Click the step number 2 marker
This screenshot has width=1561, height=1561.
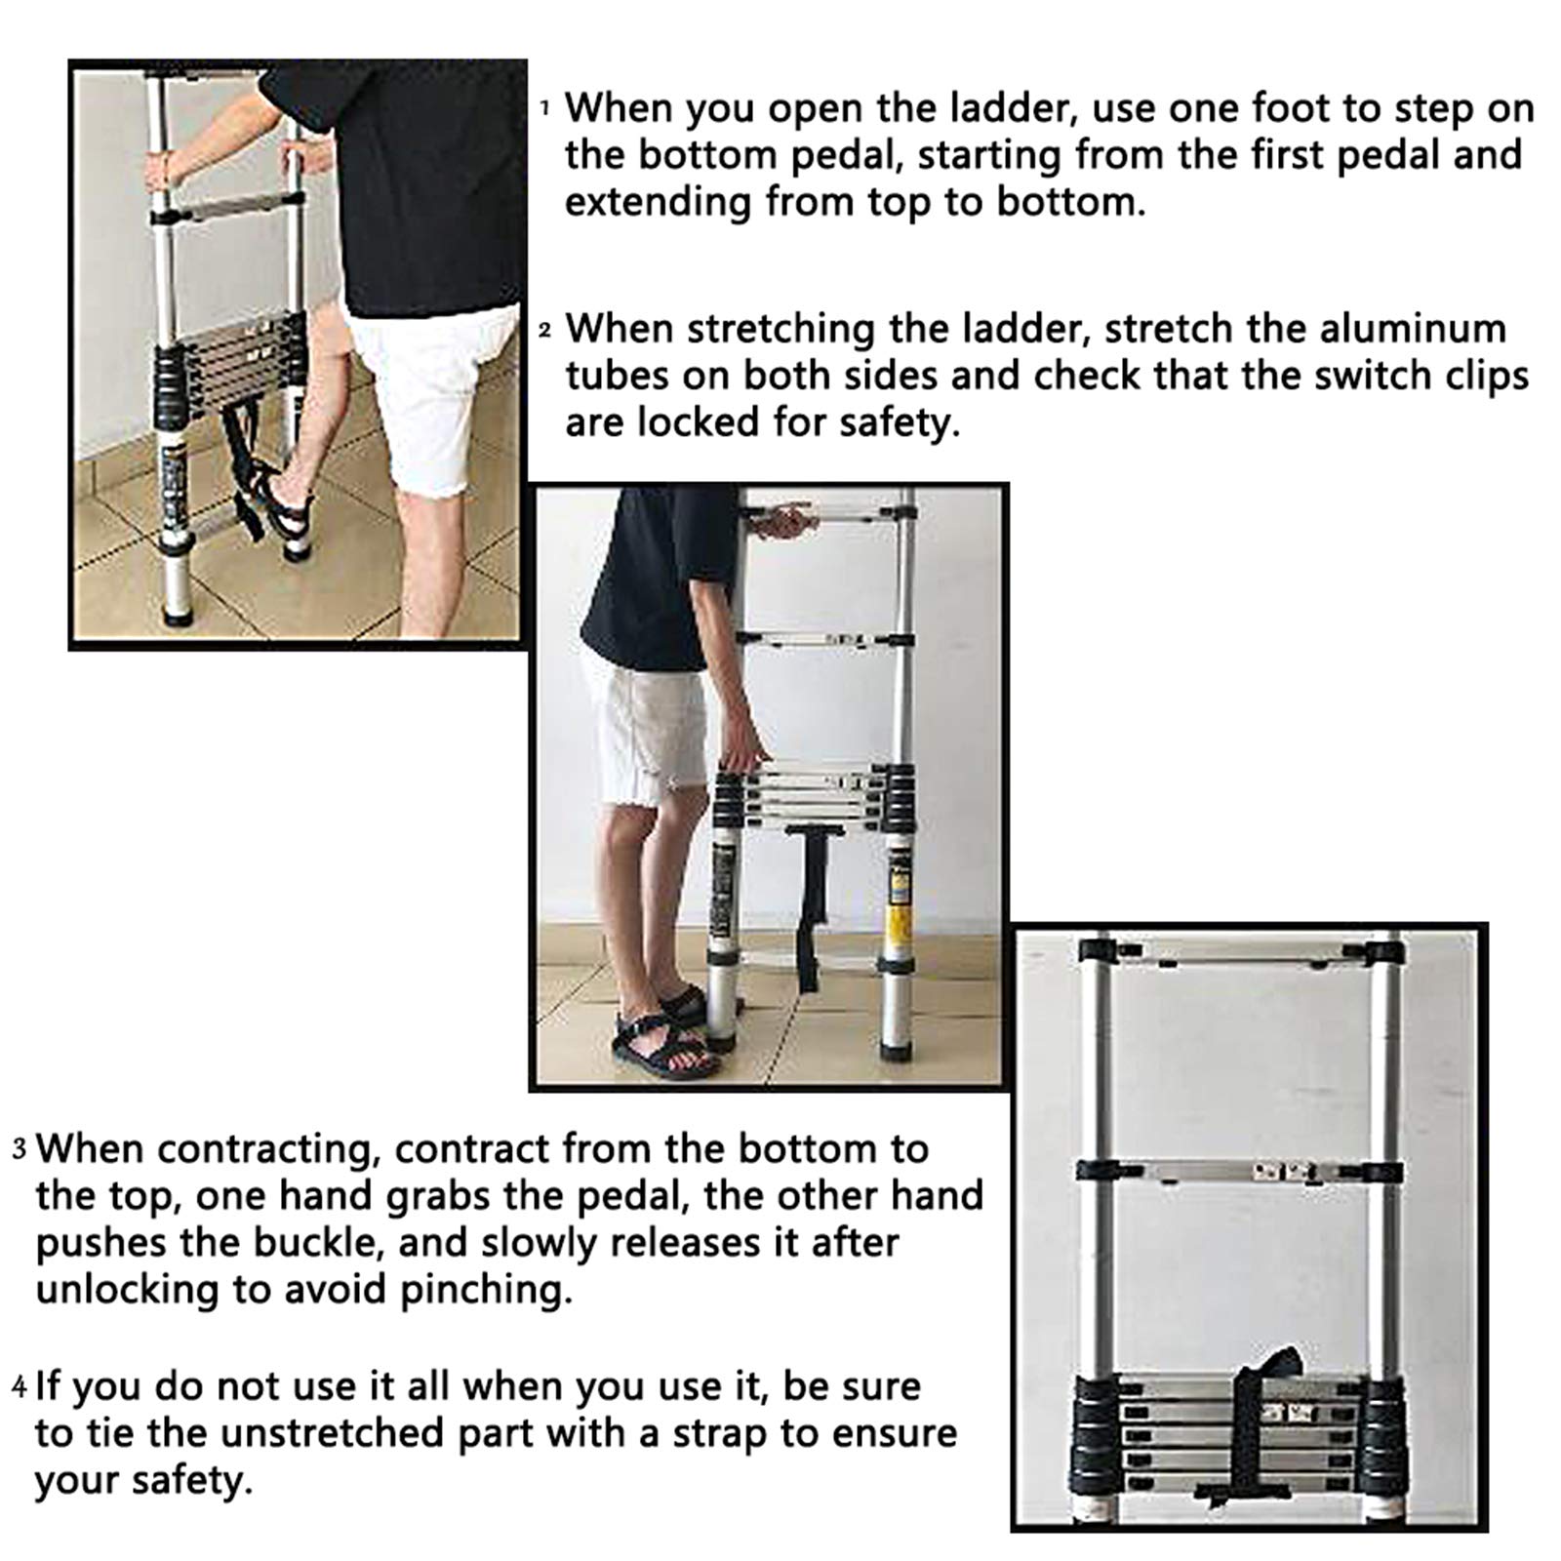(545, 332)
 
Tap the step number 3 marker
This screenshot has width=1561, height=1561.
(20, 1149)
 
